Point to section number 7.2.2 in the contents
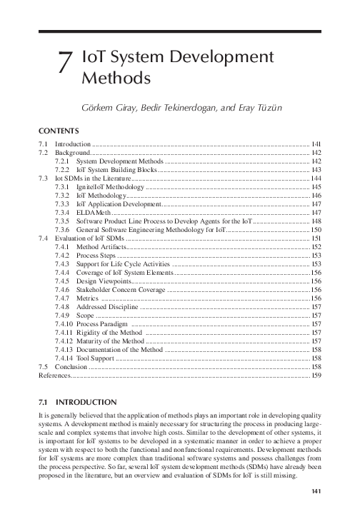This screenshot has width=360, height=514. [x=63, y=171]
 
